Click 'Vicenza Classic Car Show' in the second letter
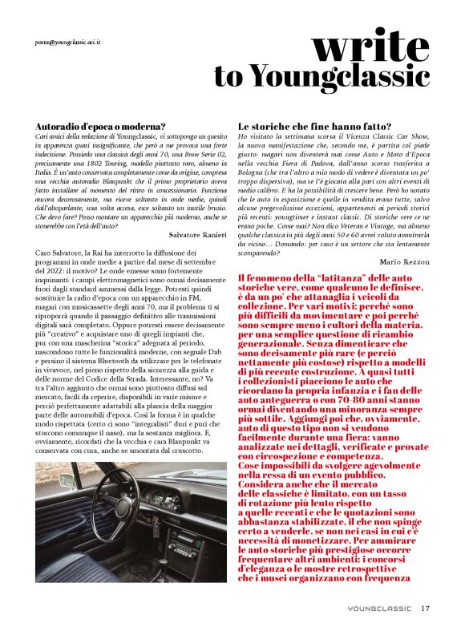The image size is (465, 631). coord(393,137)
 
